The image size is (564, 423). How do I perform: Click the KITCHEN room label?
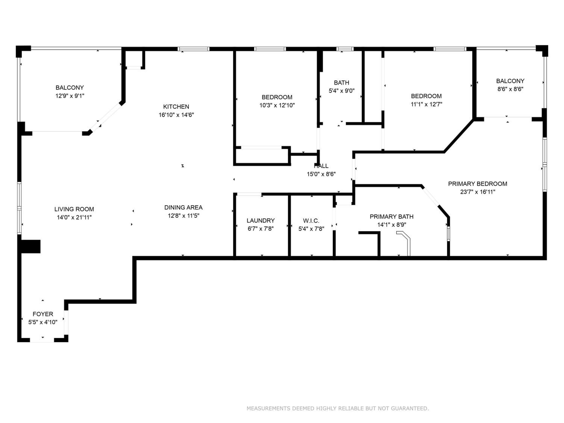pyautogui.click(x=176, y=107)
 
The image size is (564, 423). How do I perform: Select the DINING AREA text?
pyautogui.click(x=183, y=208)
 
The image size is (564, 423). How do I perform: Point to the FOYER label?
pyautogui.click(x=43, y=314)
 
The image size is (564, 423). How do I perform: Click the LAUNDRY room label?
pyautogui.click(x=261, y=221)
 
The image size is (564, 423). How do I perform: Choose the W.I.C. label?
pyautogui.click(x=311, y=221)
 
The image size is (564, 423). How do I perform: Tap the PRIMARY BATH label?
pyautogui.click(x=392, y=216)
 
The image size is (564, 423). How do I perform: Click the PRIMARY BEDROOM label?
pyautogui.click(x=478, y=183)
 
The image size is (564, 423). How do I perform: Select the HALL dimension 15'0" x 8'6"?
pyautogui.click(x=321, y=174)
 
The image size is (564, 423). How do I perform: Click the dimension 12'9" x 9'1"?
pyautogui.click(x=70, y=96)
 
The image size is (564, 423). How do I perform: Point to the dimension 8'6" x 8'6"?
pyautogui.click(x=510, y=89)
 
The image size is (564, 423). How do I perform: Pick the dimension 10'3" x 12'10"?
pyautogui.click(x=277, y=105)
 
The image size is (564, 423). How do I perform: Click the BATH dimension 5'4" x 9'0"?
pyautogui.click(x=341, y=91)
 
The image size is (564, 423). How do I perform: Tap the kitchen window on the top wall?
pyautogui.click(x=193, y=49)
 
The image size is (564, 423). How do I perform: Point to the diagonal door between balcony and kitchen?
pyautogui.click(x=107, y=117)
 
